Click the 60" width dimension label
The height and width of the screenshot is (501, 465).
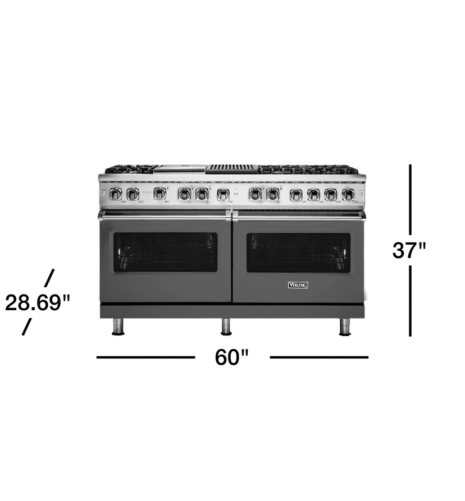(232, 357)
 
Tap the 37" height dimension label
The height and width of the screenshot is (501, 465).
(409, 250)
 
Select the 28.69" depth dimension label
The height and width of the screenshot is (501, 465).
(38, 303)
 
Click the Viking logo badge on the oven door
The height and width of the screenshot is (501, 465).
(298, 285)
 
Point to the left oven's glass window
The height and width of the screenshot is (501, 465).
(165, 252)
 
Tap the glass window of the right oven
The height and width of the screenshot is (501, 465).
(298, 252)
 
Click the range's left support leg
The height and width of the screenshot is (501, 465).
(118, 327)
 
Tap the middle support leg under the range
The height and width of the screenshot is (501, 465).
(226, 327)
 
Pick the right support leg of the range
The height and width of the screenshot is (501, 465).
(345, 327)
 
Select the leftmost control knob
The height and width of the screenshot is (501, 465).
(116, 194)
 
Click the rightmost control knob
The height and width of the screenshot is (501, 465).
(348, 195)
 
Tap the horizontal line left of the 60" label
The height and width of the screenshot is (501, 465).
(145, 357)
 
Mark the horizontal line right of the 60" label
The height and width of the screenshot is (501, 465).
(319, 357)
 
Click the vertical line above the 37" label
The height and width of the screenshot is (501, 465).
(411, 199)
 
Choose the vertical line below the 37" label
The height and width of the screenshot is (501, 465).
(411, 301)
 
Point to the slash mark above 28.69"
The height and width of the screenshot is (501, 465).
(49, 277)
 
